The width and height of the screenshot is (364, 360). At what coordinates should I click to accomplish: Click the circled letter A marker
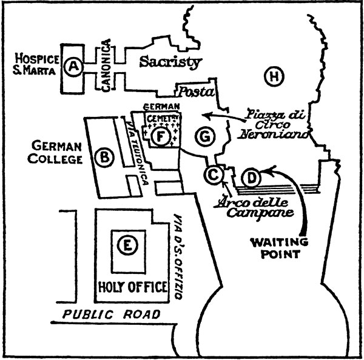(x=73, y=67)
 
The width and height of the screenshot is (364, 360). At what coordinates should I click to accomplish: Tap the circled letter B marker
(x=104, y=158)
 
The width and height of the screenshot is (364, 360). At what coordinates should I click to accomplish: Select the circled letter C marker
(x=214, y=175)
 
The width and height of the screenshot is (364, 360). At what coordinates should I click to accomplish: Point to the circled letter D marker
(x=251, y=178)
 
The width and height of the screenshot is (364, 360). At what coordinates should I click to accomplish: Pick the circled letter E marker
(x=127, y=245)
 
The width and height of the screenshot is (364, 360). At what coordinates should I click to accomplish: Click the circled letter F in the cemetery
(x=161, y=137)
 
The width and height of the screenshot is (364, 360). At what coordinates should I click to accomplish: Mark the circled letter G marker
(x=205, y=136)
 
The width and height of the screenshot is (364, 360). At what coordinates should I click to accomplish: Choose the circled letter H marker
(x=274, y=76)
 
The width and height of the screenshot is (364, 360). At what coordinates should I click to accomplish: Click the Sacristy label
(x=170, y=62)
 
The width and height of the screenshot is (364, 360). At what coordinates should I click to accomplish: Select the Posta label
(x=197, y=92)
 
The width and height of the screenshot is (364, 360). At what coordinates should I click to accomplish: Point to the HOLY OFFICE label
(x=132, y=287)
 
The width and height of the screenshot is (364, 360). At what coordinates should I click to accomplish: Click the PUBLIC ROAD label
(x=112, y=315)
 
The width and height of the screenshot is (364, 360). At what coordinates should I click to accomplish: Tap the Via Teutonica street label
(x=136, y=152)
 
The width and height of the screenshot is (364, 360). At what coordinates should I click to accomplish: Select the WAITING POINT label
(x=280, y=248)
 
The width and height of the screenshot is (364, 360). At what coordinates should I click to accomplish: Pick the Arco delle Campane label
(x=254, y=208)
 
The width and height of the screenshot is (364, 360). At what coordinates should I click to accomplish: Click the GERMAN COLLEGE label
(x=55, y=153)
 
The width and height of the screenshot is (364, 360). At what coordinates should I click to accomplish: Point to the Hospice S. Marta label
(x=36, y=64)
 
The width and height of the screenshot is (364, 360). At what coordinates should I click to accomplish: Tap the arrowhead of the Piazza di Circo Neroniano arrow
(x=207, y=115)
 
